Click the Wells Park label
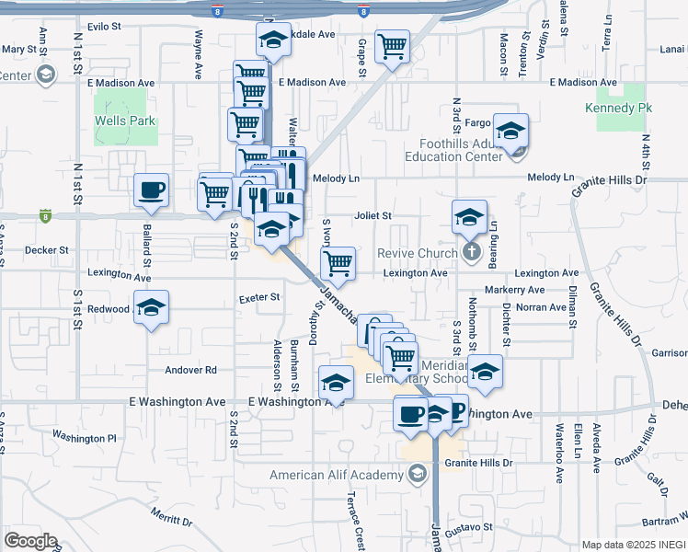tap(124, 121)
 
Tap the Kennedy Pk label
tap(618, 108)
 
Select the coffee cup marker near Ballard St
tap(152, 190)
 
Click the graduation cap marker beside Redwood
tap(152, 308)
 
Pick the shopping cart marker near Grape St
tap(393, 47)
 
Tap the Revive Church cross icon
tap(471, 252)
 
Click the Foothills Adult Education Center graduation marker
tap(510, 131)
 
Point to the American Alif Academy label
tap(336, 475)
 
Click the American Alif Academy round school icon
tap(417, 475)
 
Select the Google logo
tap(30, 541)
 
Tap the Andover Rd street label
tap(190, 370)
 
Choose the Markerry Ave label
tap(518, 290)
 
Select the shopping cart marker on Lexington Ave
tap(338, 263)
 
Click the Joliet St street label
tap(373, 216)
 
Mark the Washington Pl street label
tap(85, 437)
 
